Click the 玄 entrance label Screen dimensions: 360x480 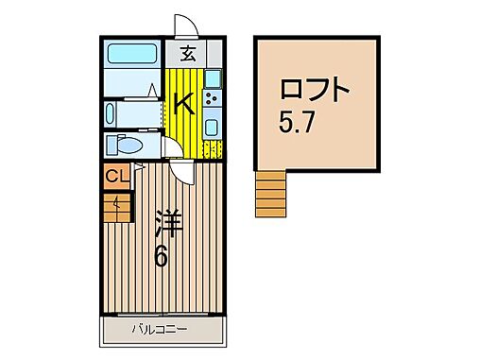[187, 54]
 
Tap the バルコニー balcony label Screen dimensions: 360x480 [159, 330]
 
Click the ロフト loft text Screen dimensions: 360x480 [315, 92]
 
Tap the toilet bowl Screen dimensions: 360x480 [124, 146]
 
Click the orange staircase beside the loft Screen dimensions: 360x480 [269, 193]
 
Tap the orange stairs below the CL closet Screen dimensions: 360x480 [116, 205]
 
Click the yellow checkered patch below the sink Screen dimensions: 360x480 [210, 148]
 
